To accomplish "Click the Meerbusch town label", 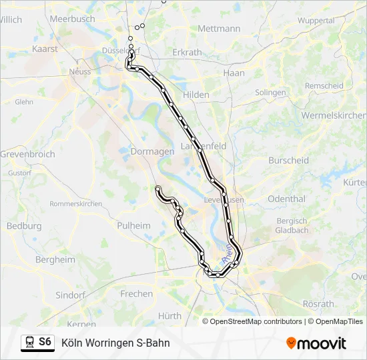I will click(73, 19).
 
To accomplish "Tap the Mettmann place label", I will click(219, 29).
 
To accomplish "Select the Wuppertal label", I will click(316, 21).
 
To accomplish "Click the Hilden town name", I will click(196, 95).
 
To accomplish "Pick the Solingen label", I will click(270, 93).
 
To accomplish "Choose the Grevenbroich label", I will click(27, 154).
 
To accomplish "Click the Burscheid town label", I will click(288, 160).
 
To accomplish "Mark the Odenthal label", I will click(286, 199).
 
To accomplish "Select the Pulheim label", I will click(133, 225).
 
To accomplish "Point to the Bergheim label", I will click(55, 259).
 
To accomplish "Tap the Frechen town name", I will click(136, 293).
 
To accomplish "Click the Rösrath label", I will click(318, 304).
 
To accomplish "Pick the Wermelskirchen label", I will click(334, 115).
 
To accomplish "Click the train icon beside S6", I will click(29, 343).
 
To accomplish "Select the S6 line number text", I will click(45, 342).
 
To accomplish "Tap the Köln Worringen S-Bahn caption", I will click(115, 343).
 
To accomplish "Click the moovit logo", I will click(316, 343).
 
